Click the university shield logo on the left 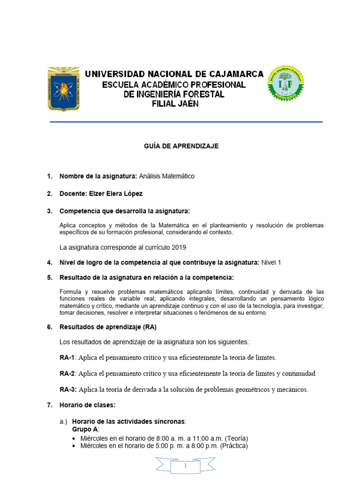click(x=63, y=88)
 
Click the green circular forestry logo click(x=285, y=84)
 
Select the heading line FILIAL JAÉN click(x=175, y=104)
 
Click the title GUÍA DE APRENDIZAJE click(x=181, y=146)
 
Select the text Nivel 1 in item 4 click(x=271, y=262)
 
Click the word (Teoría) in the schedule click(x=232, y=438)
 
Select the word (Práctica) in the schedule click(x=231, y=446)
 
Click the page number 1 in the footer click(x=186, y=466)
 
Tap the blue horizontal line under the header click(x=186, y=122)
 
